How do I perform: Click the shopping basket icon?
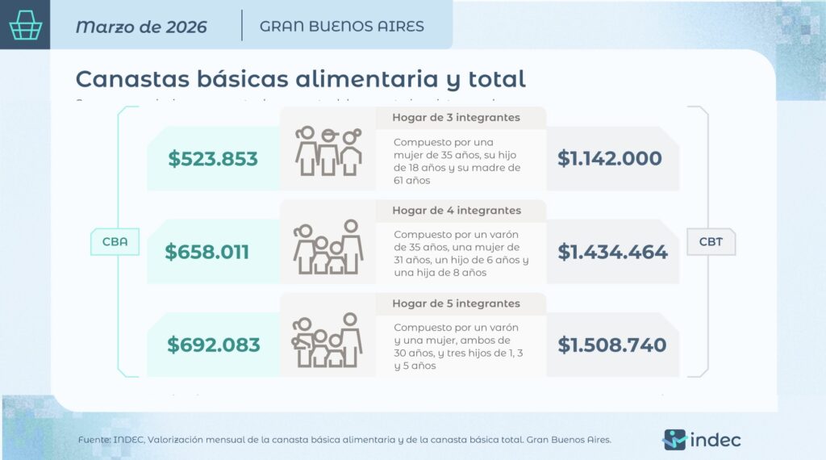25,25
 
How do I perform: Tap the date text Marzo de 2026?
141,27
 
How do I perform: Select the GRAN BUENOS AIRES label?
342,26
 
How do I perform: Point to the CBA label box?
115,241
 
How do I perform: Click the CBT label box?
711,241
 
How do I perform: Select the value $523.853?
213,159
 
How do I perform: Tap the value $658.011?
207,252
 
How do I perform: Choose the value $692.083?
214,345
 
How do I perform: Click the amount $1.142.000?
610,159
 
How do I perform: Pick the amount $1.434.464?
613,252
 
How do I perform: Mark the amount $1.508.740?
612,345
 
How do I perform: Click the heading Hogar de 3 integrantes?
456,118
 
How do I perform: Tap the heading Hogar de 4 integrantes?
457,211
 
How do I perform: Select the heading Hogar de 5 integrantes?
456,303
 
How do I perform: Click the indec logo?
701,440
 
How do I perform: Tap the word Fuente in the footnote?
94,440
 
